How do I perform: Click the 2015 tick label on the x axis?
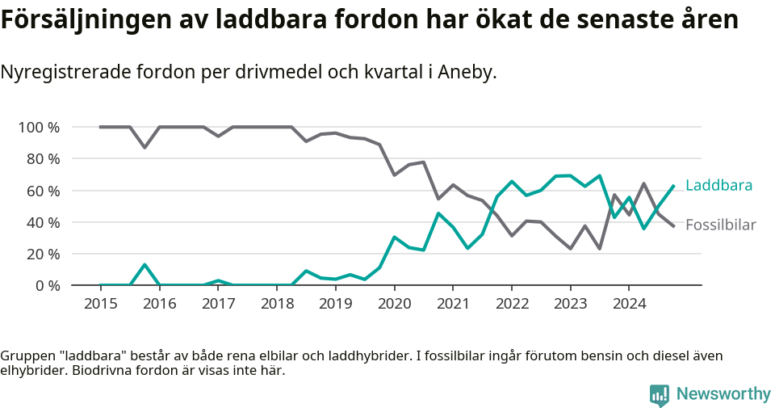[100, 305]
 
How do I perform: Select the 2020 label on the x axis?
[394, 305]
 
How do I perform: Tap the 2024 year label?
[629, 305]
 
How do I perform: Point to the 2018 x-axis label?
[277, 305]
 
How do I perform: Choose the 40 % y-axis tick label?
[44, 222]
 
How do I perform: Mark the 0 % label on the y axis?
[48, 285]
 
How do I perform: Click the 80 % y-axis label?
[44, 159]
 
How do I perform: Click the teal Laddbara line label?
[718, 186]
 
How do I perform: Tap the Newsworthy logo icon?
[660, 394]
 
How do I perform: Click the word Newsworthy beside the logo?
[723, 394]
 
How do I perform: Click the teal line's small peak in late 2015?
[145, 265]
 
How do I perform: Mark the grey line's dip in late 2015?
[145, 147]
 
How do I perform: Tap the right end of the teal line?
[674, 186]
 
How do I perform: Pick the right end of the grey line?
[674, 226]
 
